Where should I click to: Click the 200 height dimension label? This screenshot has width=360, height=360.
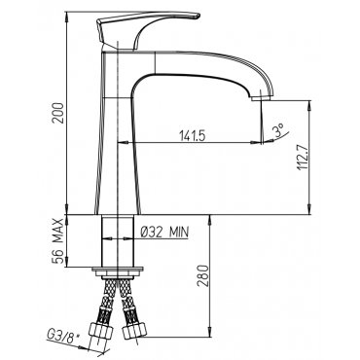(58, 113)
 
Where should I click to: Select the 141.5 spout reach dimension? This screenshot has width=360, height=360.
(193, 136)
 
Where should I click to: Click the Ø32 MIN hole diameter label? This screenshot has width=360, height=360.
(164, 232)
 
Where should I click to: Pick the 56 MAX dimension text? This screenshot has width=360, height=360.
(58, 241)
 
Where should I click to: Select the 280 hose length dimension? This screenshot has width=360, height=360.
(202, 276)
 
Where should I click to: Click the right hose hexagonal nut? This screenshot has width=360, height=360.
(134, 331)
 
